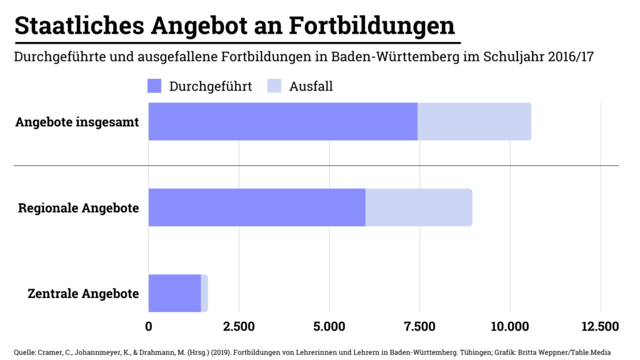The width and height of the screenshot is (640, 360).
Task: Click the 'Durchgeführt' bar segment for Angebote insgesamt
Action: click(x=282, y=121)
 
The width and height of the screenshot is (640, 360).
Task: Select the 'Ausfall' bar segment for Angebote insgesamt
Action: click(x=474, y=121)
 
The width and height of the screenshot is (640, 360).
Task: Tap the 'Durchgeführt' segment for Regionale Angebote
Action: click(x=257, y=207)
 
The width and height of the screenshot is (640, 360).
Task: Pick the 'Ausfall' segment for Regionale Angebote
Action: click(x=419, y=207)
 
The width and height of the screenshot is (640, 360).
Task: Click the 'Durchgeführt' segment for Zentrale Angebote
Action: click(x=174, y=293)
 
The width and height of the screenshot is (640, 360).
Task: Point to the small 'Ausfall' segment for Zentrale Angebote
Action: click(x=204, y=293)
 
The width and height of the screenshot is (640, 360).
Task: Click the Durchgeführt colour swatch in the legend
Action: click(x=154, y=86)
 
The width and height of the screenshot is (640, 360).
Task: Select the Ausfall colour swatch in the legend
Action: click(x=274, y=86)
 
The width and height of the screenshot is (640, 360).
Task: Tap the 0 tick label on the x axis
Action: click(x=149, y=326)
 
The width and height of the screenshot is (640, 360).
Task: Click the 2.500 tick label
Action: click(x=239, y=326)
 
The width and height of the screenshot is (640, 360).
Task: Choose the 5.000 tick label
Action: click(x=329, y=326)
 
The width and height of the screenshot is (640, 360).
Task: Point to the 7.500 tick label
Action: click(x=419, y=326)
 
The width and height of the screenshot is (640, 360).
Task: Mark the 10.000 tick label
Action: click(x=510, y=326)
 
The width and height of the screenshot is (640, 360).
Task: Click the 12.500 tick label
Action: click(x=600, y=326)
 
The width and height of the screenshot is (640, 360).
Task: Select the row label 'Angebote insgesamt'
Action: click(x=77, y=121)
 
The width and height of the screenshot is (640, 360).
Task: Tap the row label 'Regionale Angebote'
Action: click(x=79, y=207)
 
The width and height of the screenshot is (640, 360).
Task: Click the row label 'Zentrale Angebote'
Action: click(x=83, y=293)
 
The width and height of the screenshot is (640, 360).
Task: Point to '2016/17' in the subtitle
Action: click(x=570, y=57)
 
